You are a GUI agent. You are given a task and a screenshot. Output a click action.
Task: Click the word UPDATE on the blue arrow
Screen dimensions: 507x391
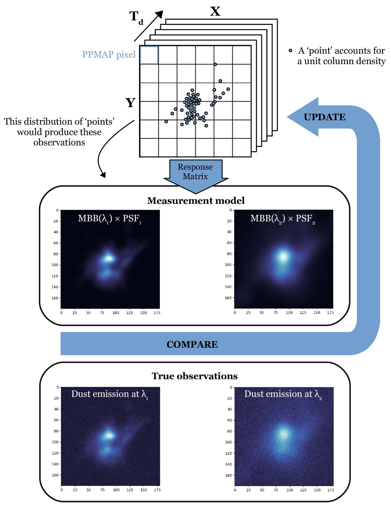(324, 117)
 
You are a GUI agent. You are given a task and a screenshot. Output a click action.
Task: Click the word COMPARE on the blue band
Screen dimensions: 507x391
(192, 344)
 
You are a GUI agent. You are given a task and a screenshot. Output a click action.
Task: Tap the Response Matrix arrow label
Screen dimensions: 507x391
(195, 172)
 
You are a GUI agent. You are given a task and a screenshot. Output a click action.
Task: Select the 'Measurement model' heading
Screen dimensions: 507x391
(196, 201)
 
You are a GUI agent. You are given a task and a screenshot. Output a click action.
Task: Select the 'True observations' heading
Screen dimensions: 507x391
(195, 376)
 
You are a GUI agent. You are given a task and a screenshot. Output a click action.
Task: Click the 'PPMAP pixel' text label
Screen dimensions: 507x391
(109, 55)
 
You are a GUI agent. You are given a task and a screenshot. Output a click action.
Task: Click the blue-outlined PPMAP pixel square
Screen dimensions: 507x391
(149, 55)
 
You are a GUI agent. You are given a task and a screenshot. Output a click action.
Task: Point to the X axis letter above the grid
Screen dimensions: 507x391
(215, 11)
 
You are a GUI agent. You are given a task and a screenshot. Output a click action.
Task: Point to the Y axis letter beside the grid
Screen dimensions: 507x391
(130, 103)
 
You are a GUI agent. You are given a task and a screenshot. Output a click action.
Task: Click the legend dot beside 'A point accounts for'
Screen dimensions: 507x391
(290, 51)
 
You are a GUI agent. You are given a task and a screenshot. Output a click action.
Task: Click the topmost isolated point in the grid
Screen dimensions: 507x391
(215, 64)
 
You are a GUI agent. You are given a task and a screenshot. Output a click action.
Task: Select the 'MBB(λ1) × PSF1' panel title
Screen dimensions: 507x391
(110, 219)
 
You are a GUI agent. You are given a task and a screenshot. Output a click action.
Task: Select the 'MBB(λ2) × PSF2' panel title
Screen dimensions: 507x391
(282, 219)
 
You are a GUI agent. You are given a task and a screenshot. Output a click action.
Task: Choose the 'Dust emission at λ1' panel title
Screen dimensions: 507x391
(110, 394)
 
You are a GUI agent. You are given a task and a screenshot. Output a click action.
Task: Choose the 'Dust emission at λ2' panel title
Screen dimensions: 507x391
(283, 394)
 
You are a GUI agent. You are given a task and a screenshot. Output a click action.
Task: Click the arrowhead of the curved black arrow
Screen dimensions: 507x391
(103, 175)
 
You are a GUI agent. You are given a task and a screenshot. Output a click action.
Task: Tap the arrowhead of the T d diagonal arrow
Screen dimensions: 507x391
(159, 14)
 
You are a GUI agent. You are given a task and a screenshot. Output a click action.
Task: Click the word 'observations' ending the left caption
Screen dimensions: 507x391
(59, 143)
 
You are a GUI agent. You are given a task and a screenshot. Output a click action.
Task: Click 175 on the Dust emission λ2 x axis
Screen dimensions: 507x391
(331, 490)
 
